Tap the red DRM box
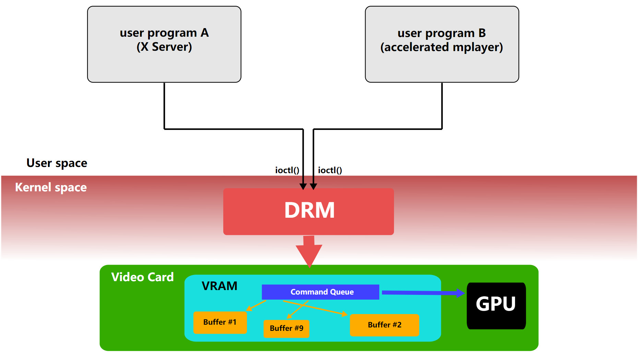click(x=308, y=211)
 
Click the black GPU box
click(x=496, y=305)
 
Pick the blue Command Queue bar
click(x=320, y=292)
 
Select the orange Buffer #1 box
click(x=220, y=322)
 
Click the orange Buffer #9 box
click(x=286, y=328)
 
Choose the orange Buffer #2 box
click(x=384, y=325)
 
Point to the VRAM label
click(x=219, y=286)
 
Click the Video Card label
click(x=142, y=277)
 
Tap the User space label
click(x=57, y=163)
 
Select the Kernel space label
click(x=51, y=188)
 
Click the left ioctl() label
click(x=287, y=170)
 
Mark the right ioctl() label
click(x=330, y=170)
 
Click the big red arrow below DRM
click(x=309, y=252)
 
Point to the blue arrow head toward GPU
click(x=461, y=293)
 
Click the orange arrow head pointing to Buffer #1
click(x=249, y=309)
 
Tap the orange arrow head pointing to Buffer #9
click(x=289, y=316)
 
